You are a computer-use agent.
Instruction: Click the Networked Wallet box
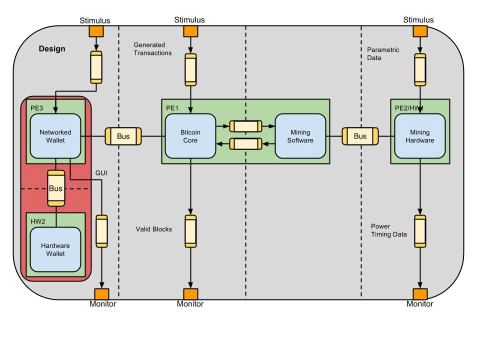55,136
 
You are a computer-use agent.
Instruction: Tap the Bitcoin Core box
190,136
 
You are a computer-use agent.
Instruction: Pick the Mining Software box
300,136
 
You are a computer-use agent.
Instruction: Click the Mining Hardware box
420,136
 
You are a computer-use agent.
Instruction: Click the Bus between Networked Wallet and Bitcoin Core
123,136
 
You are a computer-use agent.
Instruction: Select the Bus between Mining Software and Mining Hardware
360,136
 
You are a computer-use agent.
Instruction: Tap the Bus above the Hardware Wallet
55,188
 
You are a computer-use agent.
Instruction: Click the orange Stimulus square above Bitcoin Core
190,31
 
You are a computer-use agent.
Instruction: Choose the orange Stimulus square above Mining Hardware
420,31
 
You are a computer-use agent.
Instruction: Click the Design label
52,49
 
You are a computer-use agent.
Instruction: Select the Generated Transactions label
152,48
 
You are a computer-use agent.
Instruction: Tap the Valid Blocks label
154,229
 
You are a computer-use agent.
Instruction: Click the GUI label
101,173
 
